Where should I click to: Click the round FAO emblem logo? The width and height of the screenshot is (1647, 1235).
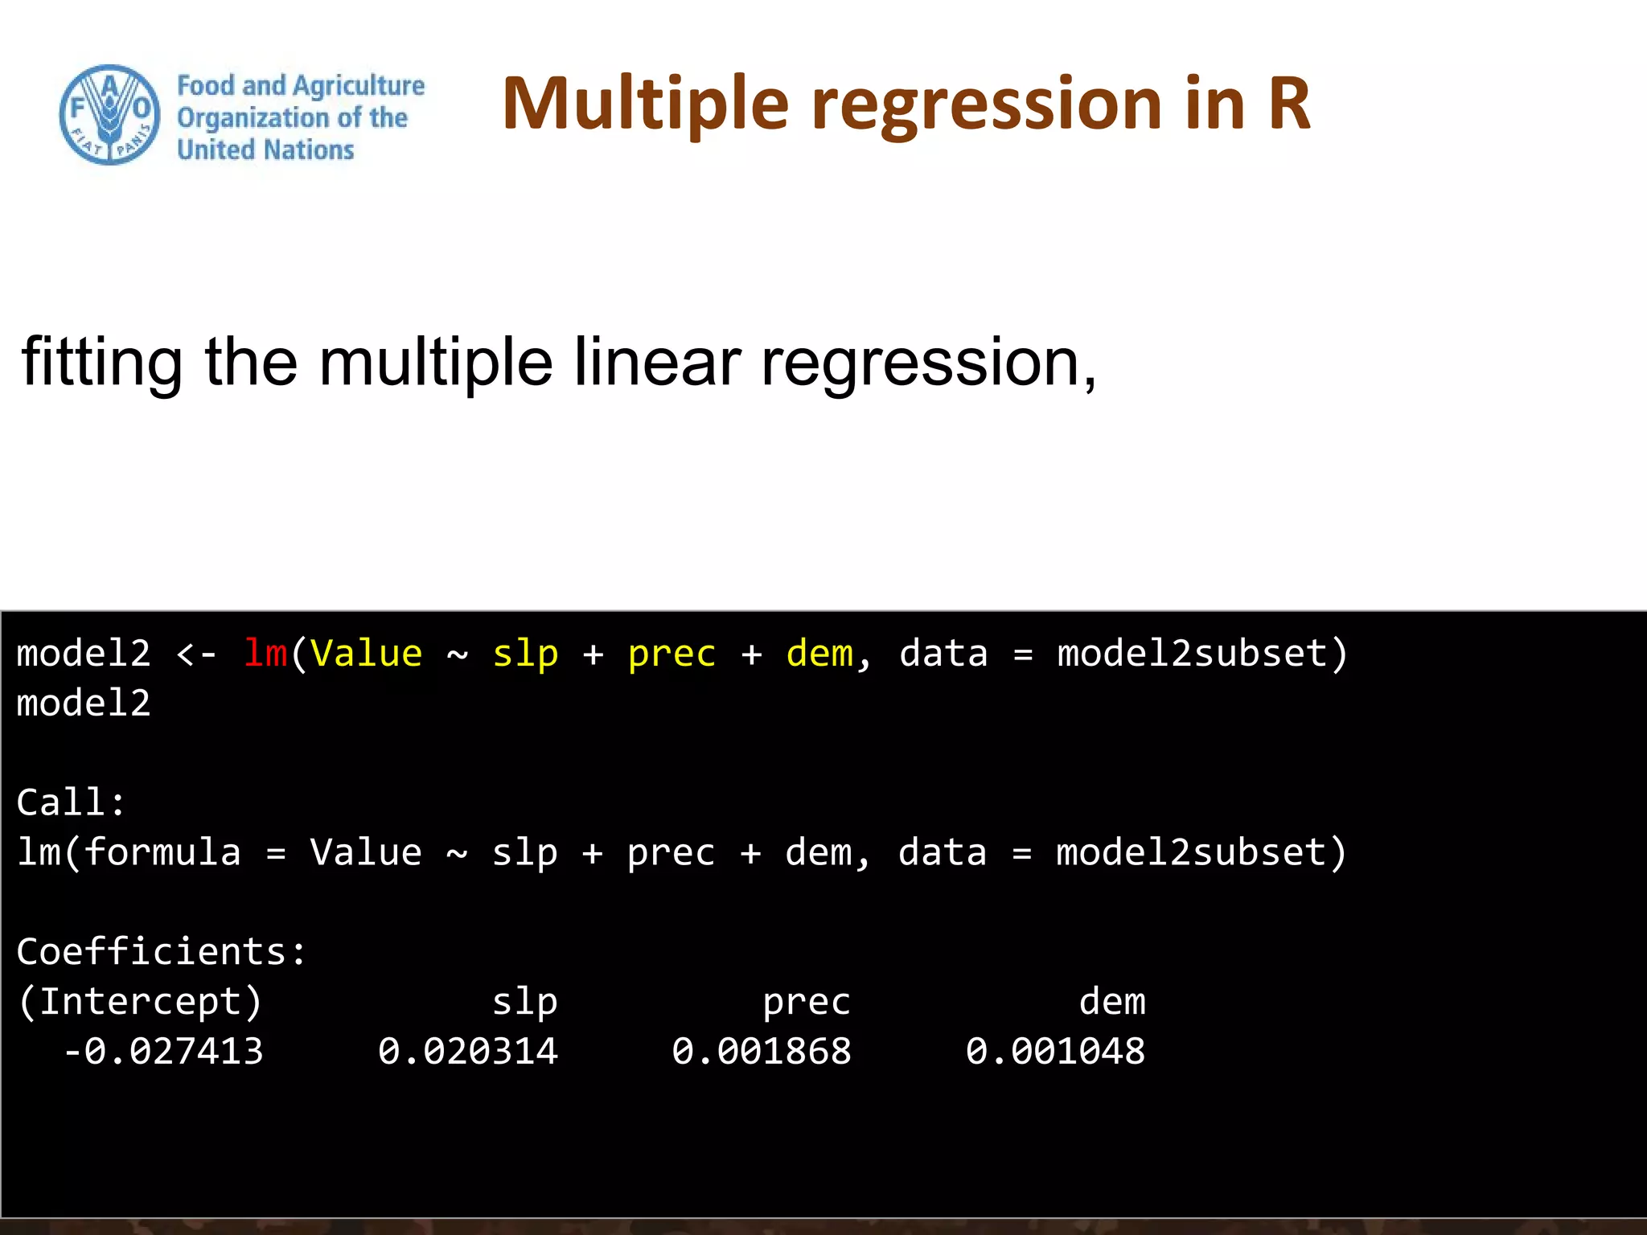point(109,115)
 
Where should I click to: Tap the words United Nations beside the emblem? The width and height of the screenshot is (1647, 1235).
point(265,150)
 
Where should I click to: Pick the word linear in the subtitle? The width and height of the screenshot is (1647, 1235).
point(656,362)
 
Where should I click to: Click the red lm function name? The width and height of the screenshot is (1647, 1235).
point(265,653)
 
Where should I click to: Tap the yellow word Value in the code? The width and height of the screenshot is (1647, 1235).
point(366,653)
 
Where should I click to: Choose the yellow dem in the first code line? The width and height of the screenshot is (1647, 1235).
point(819,653)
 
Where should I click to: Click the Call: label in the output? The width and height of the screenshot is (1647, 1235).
point(71,802)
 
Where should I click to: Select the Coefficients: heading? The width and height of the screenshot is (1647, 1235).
point(161,952)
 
